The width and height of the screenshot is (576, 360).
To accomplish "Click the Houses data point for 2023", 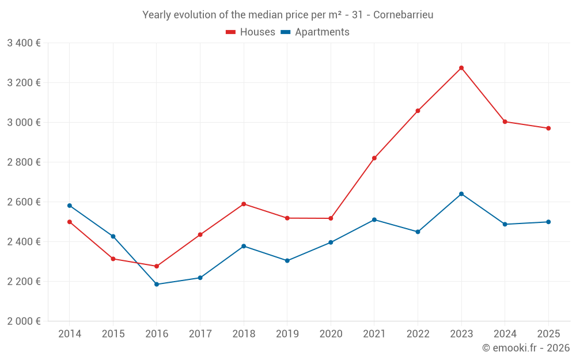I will point(461,68).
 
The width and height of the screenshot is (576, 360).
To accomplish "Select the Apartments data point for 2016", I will point(157,285).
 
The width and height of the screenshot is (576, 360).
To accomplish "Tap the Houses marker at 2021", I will point(374,158).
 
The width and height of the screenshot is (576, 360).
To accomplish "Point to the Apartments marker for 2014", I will point(70,206).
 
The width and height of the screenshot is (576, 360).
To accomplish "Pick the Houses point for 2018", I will point(244,204).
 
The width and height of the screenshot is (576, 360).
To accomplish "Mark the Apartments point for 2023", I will point(461,194).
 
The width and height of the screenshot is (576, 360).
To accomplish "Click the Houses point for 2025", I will point(548,128).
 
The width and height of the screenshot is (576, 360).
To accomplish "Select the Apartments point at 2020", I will point(331,242).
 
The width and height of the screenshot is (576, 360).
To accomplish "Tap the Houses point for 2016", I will point(157,266).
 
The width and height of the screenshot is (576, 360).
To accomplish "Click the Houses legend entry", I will point(251,32).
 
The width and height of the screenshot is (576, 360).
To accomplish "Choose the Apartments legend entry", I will point(315,32).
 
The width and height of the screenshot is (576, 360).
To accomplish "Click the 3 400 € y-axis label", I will point(24,43).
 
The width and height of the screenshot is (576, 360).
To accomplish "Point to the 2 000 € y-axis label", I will point(24,321).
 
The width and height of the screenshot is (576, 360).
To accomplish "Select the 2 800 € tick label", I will point(24,162).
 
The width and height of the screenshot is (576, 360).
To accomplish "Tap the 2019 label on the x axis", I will point(287,334).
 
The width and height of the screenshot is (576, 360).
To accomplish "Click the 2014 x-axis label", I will point(70,334).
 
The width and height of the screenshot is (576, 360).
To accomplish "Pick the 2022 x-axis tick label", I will point(418,334).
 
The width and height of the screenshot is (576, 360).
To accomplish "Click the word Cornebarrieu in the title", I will point(403,15).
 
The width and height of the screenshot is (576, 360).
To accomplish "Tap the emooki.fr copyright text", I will point(525,348).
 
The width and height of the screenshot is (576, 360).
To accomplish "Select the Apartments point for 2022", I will point(418,232).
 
